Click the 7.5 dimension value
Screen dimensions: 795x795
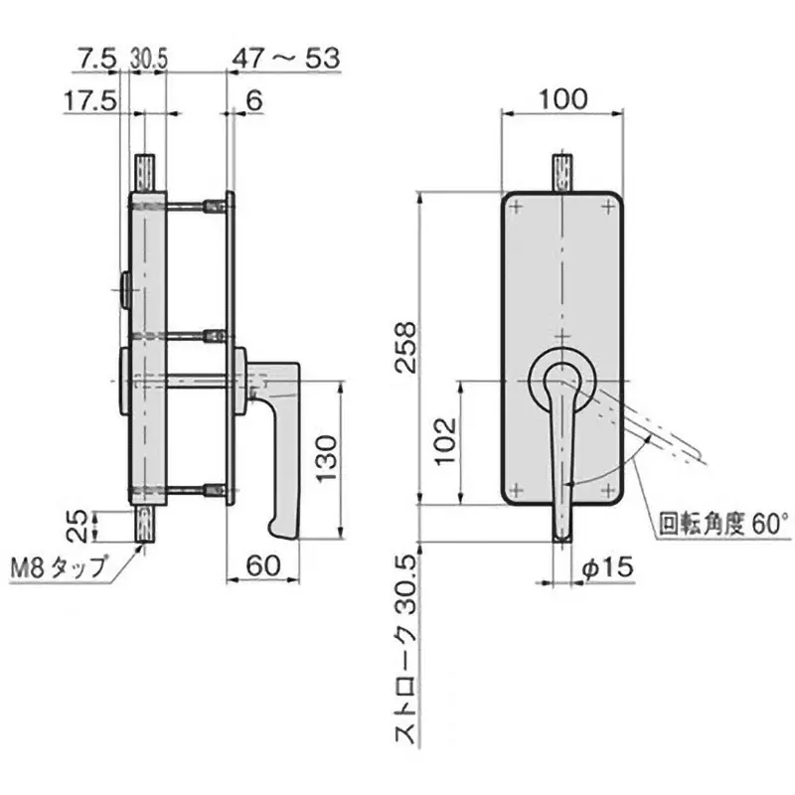pos(95,59)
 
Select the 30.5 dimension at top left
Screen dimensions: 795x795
pos(147,60)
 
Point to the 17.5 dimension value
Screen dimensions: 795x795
pos(89,100)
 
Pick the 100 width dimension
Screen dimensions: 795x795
pos(563,98)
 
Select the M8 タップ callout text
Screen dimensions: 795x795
pos(57,568)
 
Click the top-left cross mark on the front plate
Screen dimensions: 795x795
pos(517,208)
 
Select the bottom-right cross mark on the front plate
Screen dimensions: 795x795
pos(607,489)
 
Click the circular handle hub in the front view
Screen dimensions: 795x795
pos(561,380)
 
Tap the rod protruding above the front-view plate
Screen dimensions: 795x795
pos(562,170)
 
